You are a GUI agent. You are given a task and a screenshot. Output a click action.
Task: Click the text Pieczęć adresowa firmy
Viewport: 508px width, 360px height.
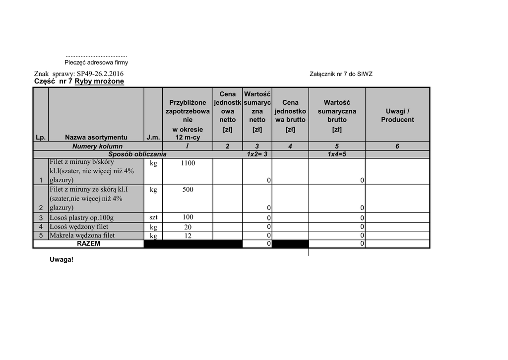tap(96, 63)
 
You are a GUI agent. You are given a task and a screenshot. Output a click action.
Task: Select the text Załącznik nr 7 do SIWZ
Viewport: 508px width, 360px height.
tap(341, 74)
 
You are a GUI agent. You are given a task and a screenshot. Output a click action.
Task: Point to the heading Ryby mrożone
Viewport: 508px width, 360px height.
tap(99, 81)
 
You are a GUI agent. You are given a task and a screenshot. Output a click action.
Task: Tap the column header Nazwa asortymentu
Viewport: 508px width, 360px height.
tap(96, 138)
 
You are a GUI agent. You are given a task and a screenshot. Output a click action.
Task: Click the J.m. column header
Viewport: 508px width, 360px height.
tap(152, 138)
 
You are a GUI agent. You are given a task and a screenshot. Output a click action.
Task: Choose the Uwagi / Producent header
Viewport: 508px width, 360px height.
tap(397, 115)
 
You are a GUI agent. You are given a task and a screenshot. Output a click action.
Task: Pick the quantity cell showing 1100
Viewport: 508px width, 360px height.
tap(188, 163)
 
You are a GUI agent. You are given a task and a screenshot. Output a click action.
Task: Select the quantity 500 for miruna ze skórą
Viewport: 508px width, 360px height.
tap(188, 190)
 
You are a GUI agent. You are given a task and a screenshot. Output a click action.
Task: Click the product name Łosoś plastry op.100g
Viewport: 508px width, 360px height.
tap(81, 217)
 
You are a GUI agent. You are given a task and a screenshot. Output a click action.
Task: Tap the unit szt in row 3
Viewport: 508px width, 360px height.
tap(153, 217)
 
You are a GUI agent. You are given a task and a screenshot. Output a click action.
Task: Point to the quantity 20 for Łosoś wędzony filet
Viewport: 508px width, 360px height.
tap(188, 227)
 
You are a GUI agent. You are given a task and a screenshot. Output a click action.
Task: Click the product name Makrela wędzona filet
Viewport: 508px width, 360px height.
tap(82, 235)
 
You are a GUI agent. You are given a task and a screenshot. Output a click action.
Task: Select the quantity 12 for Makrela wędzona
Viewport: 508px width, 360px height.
tap(188, 236)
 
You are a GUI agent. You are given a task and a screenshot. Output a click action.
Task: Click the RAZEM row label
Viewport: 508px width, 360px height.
tap(88, 244)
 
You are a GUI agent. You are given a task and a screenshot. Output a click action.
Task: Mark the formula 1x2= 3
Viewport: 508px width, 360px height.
tap(257, 154)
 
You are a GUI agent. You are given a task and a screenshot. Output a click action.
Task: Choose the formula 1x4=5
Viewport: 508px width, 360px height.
tap(337, 154)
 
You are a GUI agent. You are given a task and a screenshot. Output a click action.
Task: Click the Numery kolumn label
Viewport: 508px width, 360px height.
tap(97, 146)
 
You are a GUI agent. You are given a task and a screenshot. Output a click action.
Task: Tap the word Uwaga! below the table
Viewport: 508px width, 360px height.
tap(62, 259)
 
